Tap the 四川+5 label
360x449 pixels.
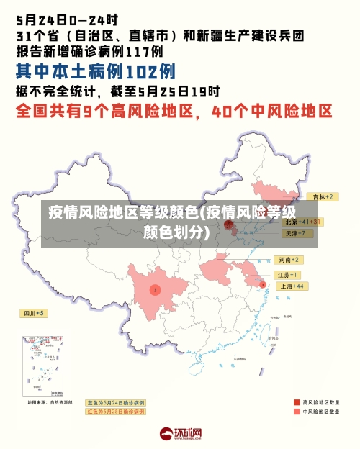pyautogui.click(x=32, y=313)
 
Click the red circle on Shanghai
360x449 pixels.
pyautogui.click(x=263, y=285)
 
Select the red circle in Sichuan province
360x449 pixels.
pyautogui.click(x=155, y=289)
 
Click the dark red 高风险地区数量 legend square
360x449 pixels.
pyautogui.click(x=296, y=402)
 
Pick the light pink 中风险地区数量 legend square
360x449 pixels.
pyautogui.click(x=296, y=412)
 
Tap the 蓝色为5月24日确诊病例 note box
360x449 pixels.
pyautogui.click(x=115, y=402)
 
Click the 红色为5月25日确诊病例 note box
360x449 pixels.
pyautogui.click(x=115, y=412)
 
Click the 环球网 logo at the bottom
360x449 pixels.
pyautogui.click(x=180, y=434)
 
